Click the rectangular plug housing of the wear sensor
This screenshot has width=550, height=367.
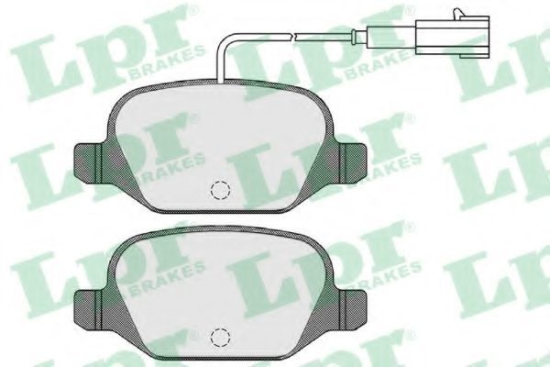coord(452,35)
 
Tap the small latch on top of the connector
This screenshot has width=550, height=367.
coord(457,12)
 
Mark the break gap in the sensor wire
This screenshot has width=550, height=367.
coord(293,36)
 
